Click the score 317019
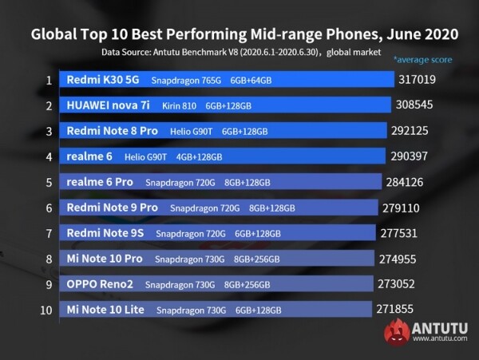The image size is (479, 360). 419,80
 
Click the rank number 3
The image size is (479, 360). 49,131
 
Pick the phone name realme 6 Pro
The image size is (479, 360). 100,182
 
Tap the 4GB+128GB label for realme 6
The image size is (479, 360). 199,156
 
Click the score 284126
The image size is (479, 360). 409,181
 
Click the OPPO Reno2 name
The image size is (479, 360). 99,284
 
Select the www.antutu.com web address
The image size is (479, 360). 441,340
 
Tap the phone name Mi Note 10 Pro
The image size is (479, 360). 105,259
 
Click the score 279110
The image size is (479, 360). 405,207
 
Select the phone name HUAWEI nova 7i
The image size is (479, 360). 109,105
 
